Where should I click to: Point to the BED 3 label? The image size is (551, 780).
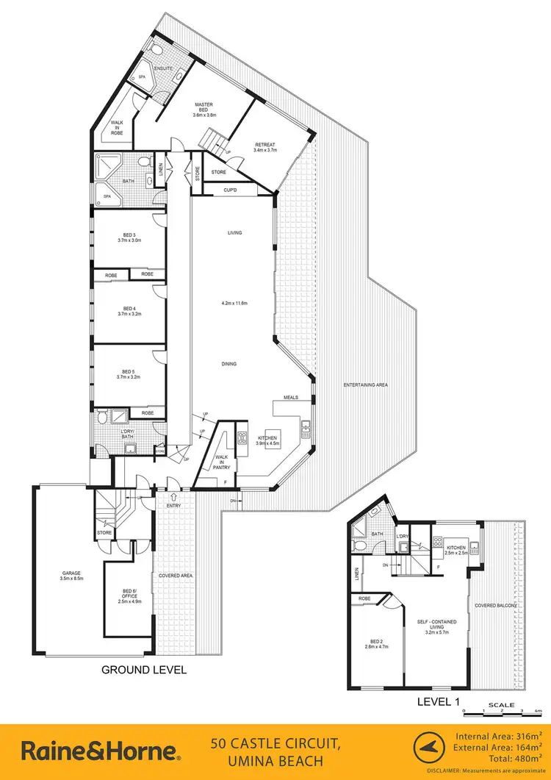point(129,236)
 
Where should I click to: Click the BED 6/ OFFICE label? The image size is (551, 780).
point(129,594)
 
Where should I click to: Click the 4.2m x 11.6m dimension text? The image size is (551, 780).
point(234,304)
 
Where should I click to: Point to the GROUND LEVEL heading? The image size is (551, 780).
point(143,670)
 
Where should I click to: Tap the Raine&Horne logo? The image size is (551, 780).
point(100,751)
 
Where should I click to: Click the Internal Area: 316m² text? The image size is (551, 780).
point(498,736)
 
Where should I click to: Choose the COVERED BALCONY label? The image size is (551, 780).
point(497,605)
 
